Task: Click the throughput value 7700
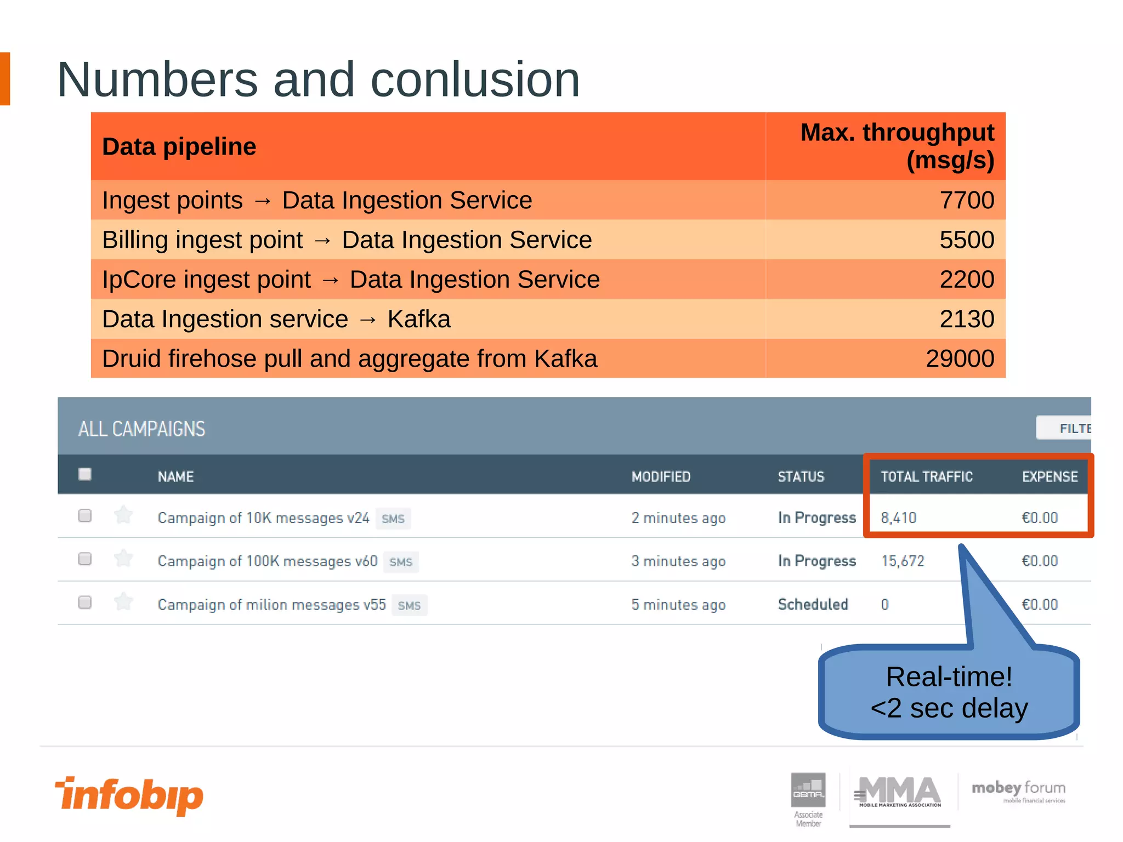coord(966,200)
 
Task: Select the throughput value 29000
coord(960,359)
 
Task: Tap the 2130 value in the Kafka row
coord(966,319)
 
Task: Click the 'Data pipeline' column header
coord(179,147)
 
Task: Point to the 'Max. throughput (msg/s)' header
coord(897,146)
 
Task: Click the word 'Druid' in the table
coord(131,359)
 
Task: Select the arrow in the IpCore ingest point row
coord(331,280)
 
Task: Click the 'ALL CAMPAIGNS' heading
coord(142,429)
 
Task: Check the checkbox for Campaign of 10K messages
coord(85,515)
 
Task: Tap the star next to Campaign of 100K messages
coord(123,559)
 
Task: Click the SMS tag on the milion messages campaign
coord(409,606)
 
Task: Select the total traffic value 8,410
coord(898,518)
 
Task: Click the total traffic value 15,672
coord(903,561)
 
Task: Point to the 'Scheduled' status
coord(813,605)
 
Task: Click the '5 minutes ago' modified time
coord(678,605)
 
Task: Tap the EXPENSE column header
coord(1050,477)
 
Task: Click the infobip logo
coord(129,795)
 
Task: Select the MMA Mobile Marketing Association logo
coord(899,792)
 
